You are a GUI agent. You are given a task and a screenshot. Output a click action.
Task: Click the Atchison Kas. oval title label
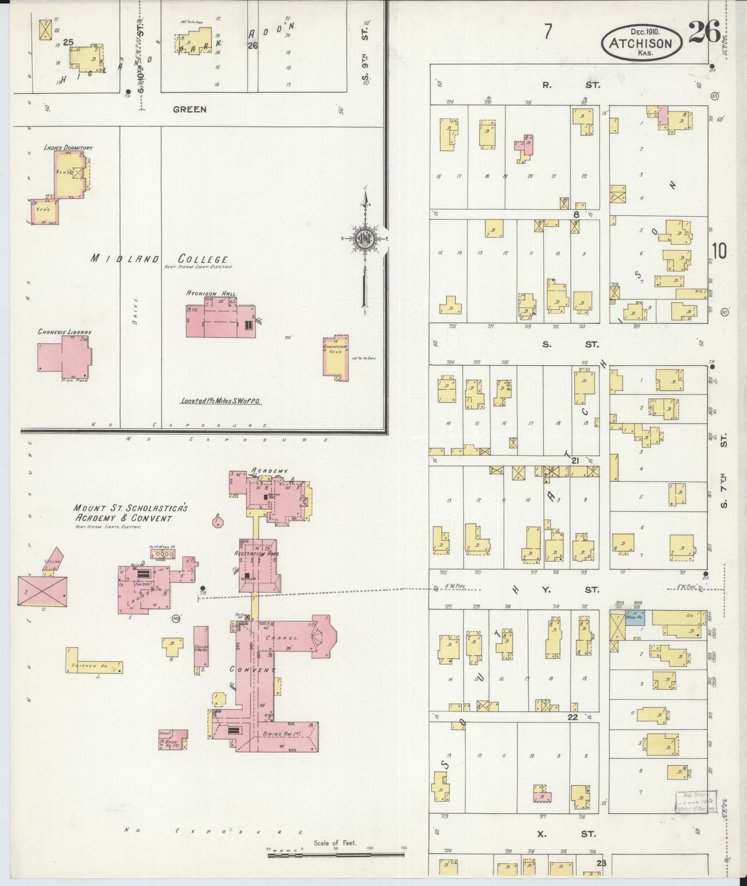[641, 43]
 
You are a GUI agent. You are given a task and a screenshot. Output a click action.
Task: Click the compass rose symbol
[365, 239]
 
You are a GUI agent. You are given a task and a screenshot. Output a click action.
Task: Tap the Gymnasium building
[336, 358]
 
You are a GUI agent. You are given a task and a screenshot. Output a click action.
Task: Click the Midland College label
[160, 258]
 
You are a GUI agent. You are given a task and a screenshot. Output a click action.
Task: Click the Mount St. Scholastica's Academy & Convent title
[130, 513]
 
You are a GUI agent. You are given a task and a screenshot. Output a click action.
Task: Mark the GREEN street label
[190, 109]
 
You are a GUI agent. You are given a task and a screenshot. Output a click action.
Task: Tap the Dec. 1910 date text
[641, 32]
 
